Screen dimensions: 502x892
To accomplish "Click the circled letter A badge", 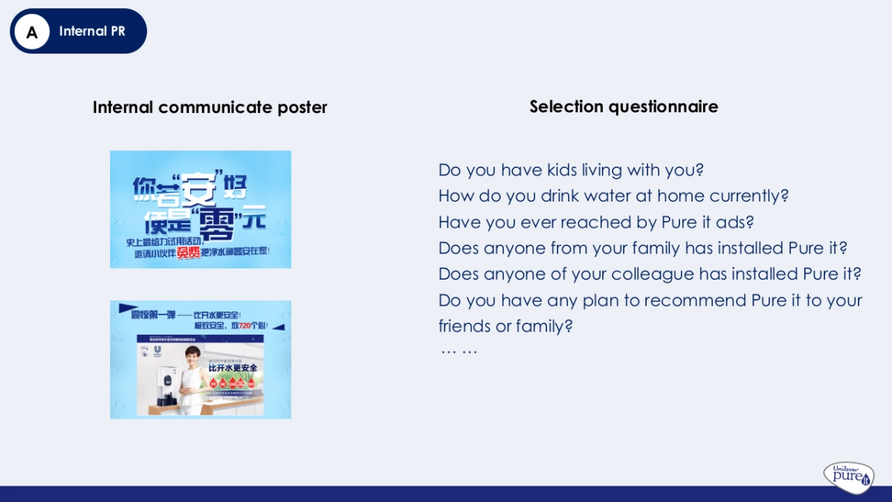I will coord(32,32).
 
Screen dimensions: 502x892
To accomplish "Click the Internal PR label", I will coord(92,31).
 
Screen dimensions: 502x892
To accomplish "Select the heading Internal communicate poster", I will coord(210,107).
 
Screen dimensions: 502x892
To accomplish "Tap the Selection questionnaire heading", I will coord(624,106).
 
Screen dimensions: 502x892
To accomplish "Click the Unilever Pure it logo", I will coord(848,476).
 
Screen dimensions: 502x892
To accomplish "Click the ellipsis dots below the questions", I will coord(459,350).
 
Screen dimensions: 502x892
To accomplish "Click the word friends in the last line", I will coord(465,326).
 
